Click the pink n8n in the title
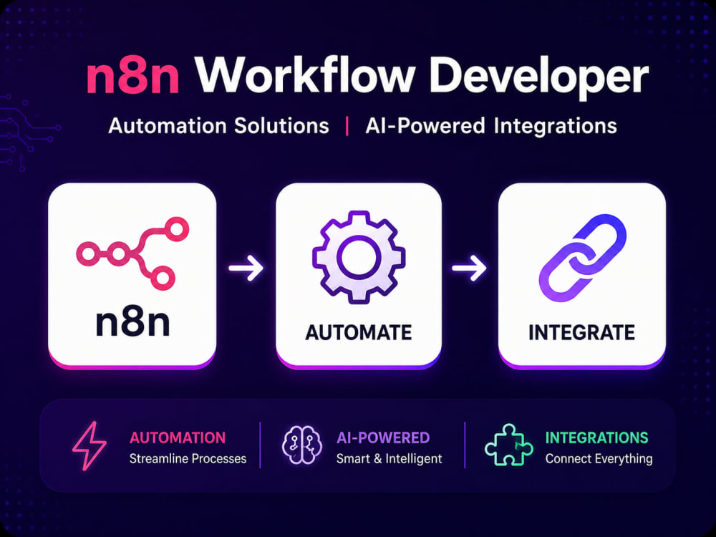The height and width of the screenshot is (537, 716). pos(132,77)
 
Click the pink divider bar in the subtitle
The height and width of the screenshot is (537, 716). pos(347,126)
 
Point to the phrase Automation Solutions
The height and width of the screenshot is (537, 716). pos(218,125)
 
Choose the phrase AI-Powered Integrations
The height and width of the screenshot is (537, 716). pos(491,126)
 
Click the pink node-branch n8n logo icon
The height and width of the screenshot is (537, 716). pos(132,253)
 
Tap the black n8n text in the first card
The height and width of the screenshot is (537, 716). pos(132,322)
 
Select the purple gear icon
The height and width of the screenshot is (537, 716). pos(359,257)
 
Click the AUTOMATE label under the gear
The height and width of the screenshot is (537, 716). pos(359,332)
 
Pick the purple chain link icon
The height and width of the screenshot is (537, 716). pos(583,258)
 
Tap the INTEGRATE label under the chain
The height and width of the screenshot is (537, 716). pos(581,332)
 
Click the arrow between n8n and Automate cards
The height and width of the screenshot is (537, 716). pos(246,268)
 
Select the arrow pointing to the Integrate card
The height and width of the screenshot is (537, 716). pos(470,268)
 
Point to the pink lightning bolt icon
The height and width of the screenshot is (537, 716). pos(89,445)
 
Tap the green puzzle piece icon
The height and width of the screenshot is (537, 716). pos(508,445)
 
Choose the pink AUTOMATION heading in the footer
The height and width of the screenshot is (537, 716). pos(178,437)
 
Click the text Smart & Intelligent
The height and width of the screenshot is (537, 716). pos(389,458)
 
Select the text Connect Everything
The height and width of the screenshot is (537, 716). pos(599,458)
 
